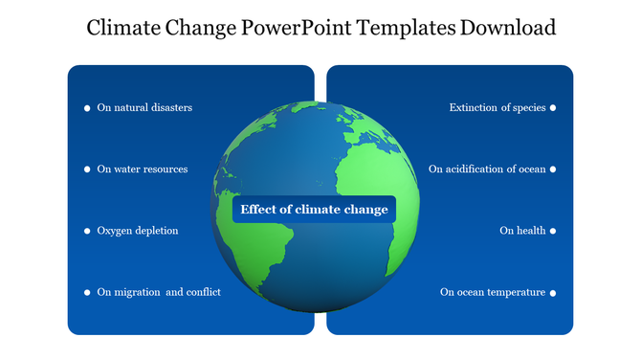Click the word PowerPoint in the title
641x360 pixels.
point(296,28)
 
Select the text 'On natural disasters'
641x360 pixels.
point(144,108)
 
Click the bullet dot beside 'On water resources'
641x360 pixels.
point(87,169)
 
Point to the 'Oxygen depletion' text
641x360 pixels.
point(137,231)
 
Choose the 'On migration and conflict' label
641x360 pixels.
point(159,292)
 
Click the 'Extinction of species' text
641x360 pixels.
point(497,108)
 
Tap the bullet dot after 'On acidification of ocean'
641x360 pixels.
point(553,169)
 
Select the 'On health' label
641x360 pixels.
point(522,231)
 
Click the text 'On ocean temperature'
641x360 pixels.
point(492,292)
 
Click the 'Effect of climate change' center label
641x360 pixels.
point(314,210)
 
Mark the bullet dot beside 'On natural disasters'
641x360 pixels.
point(87,108)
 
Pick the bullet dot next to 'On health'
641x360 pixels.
point(553,231)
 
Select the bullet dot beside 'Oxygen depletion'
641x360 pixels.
point(87,231)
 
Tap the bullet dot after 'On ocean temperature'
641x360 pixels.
point(553,292)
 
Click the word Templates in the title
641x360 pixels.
point(408,28)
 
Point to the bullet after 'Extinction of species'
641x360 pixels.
point(553,108)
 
